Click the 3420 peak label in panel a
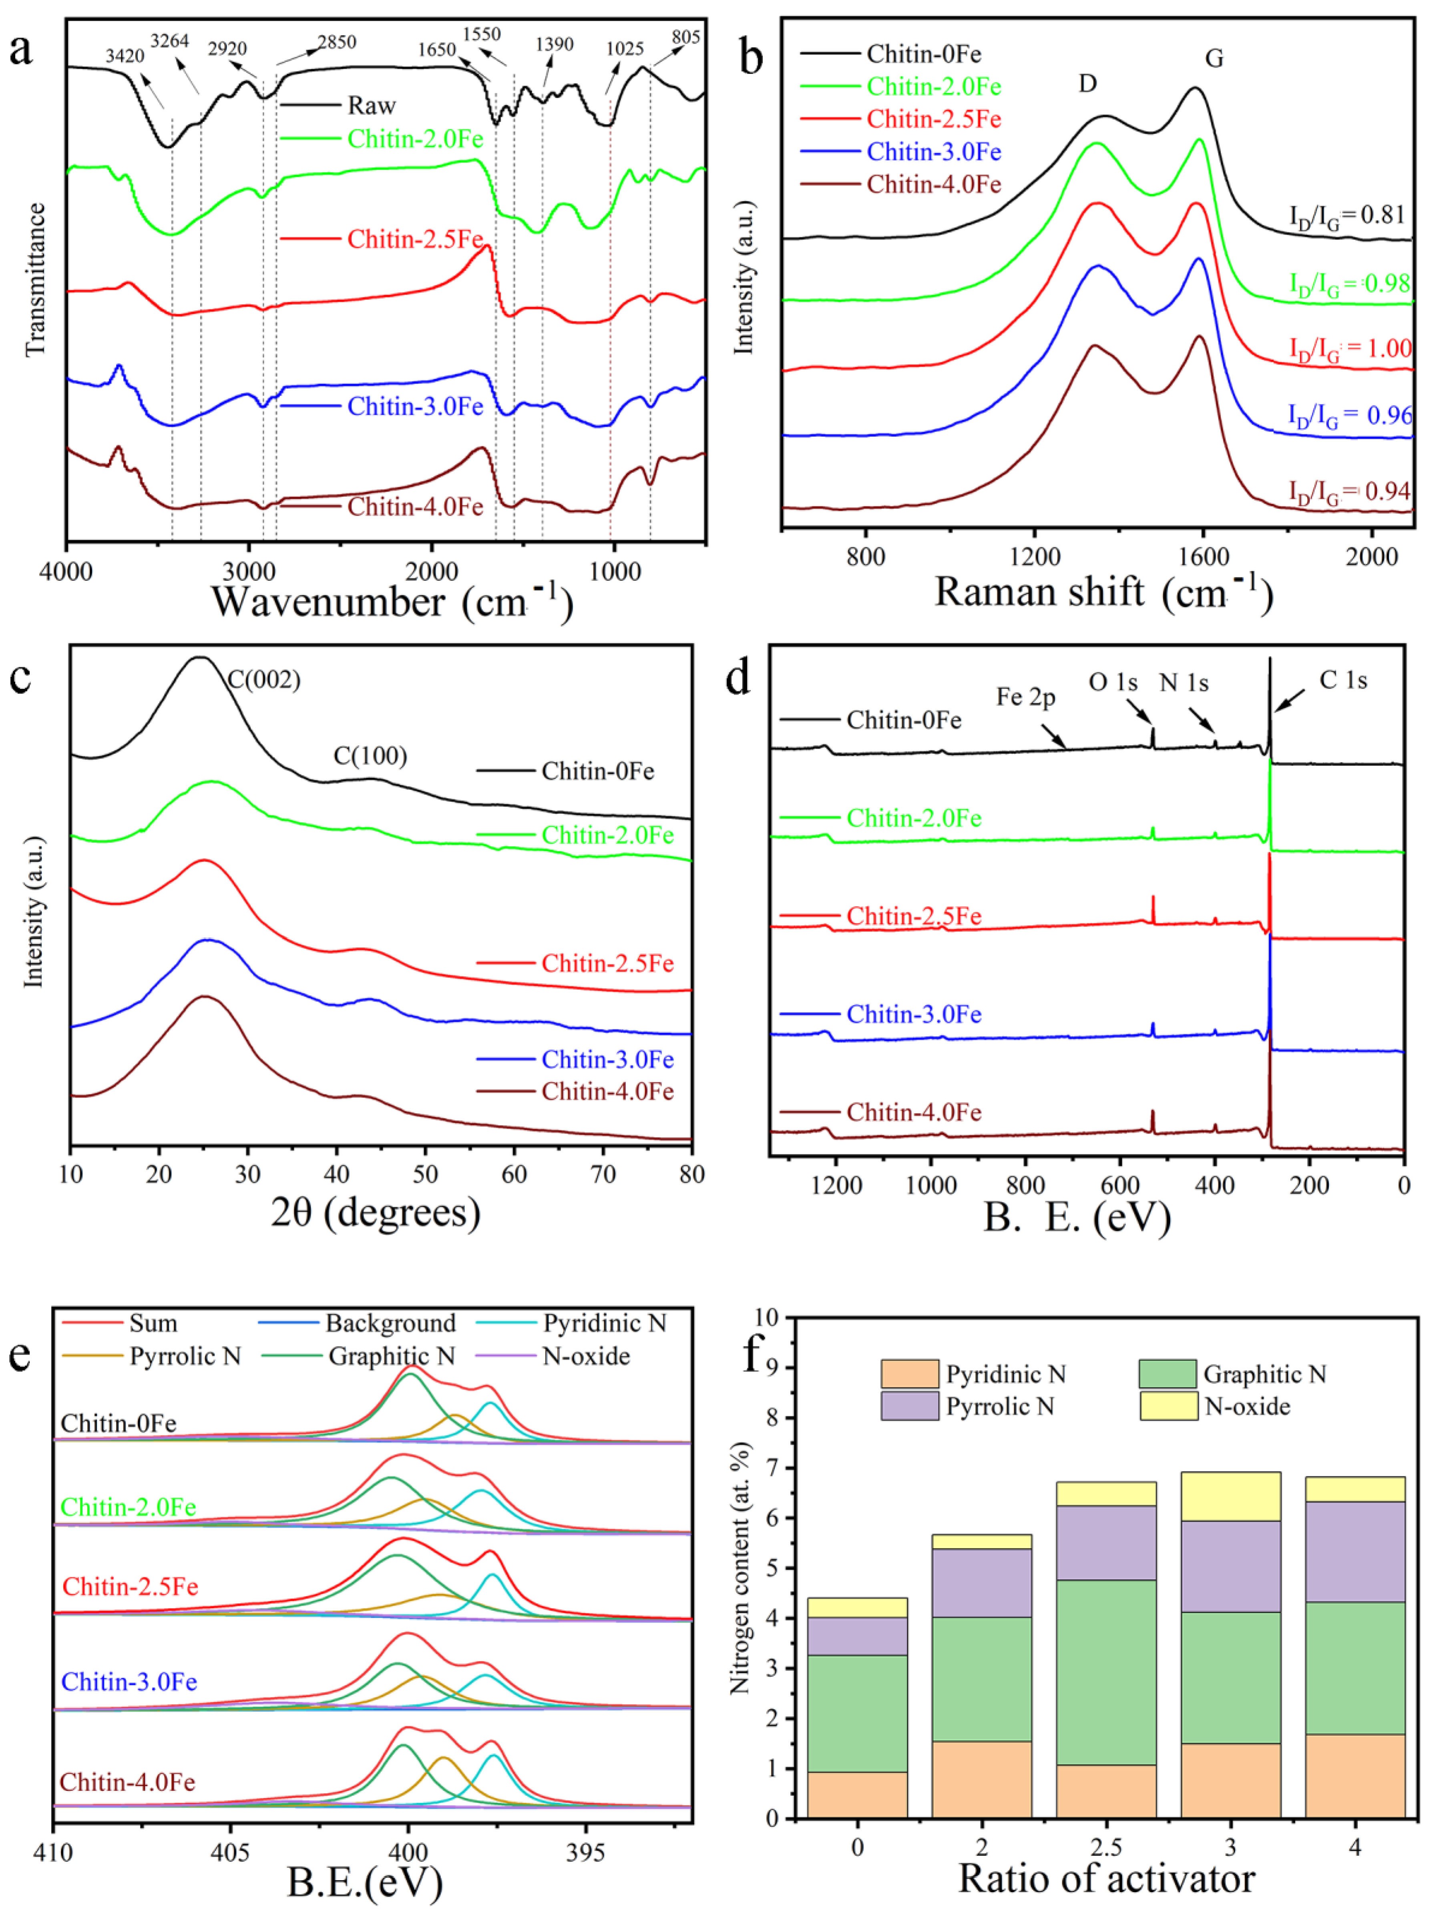point(125,56)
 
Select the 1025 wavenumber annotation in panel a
point(624,48)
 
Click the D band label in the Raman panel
point(1087,83)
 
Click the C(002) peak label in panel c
point(264,680)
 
